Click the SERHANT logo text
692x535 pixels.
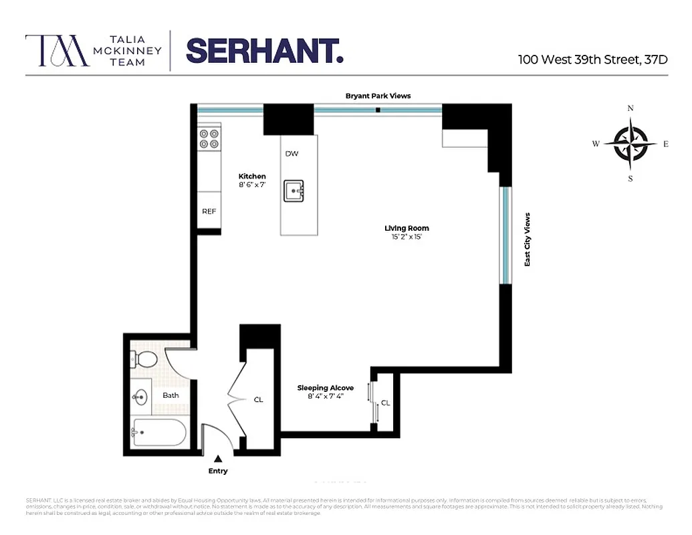[264, 50]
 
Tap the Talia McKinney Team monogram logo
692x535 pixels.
[57, 51]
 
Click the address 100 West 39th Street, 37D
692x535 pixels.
[592, 59]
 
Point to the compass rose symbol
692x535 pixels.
[630, 143]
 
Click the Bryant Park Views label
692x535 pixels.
[378, 96]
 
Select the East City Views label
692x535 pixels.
[527, 240]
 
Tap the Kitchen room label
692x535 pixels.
[252, 177]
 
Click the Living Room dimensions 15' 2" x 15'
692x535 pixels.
[407, 237]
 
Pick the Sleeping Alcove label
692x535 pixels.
[326, 388]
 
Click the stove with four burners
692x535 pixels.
[209, 138]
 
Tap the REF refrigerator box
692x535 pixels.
[209, 211]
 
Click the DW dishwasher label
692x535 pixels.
[292, 154]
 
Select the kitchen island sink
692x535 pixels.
[294, 191]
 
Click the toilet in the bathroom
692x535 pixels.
[144, 359]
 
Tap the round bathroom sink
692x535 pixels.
[140, 397]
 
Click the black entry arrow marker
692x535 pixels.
[218, 459]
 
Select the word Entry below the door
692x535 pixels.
[218, 471]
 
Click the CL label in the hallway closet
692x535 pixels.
[258, 400]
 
